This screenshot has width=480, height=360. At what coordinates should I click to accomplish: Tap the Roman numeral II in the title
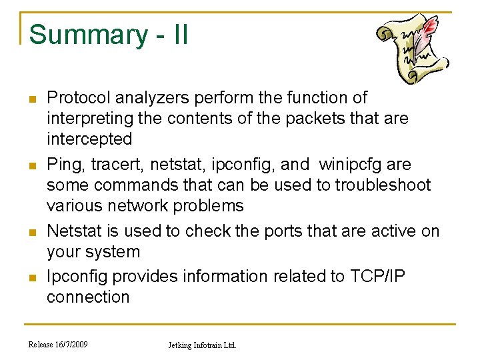coord(179,35)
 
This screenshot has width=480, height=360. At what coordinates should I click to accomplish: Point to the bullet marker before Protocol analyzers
coord(31,99)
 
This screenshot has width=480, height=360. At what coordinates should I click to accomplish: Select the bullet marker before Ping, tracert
coord(31,165)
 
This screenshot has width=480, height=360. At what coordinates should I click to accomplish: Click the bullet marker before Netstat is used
coord(31,231)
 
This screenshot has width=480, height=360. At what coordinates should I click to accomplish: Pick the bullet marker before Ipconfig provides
coord(31,276)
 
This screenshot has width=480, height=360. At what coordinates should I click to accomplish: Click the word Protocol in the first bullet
coord(78,98)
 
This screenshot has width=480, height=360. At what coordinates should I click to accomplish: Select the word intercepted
coord(89,139)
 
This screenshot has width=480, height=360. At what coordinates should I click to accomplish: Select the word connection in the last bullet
coord(87,297)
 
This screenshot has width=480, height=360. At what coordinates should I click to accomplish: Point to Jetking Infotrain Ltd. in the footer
coord(201,345)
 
